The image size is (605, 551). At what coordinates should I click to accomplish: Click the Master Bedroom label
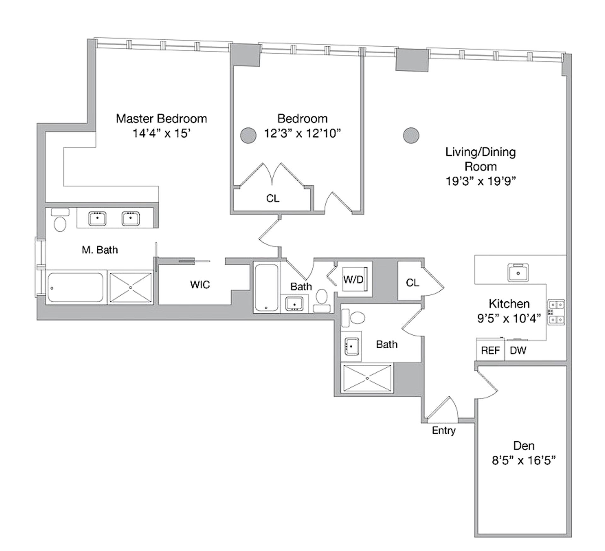click(161, 119)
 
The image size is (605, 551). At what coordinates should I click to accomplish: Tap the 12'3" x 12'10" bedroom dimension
click(302, 133)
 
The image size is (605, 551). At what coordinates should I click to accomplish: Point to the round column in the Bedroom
click(248, 136)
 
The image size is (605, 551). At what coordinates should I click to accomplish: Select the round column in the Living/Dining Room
click(411, 136)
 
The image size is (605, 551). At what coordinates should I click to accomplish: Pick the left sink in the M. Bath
click(97, 218)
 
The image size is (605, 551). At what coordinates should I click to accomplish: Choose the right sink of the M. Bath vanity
click(130, 218)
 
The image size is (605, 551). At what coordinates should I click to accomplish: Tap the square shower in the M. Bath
click(130, 287)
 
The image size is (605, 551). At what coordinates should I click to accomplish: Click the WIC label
click(200, 285)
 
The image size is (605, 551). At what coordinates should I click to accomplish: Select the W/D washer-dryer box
click(355, 279)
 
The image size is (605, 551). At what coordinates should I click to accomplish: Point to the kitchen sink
click(518, 272)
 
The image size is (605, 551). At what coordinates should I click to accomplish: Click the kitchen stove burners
click(556, 312)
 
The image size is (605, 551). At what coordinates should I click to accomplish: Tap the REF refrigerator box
click(490, 350)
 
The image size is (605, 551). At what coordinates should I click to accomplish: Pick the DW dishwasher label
click(518, 350)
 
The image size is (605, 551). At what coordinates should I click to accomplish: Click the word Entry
click(444, 431)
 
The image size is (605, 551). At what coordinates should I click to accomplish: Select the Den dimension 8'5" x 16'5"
click(523, 461)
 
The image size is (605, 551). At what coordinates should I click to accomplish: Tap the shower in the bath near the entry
click(367, 378)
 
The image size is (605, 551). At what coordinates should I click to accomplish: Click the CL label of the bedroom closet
click(273, 198)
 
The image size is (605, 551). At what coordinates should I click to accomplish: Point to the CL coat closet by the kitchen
click(412, 283)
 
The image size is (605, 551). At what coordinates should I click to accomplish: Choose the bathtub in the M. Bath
click(75, 287)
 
